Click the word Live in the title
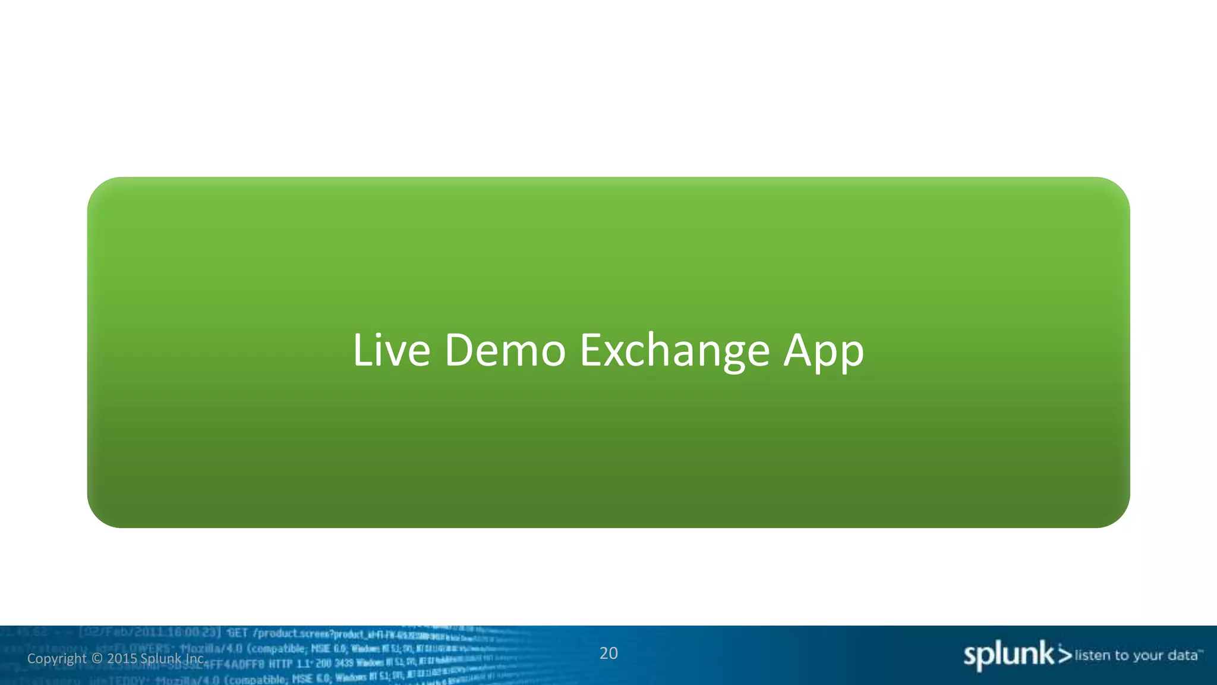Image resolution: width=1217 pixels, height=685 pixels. [x=391, y=350]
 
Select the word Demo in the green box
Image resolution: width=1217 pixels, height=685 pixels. [x=505, y=350]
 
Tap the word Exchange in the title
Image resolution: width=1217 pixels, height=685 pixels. [x=674, y=350]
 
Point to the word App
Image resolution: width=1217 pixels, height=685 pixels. [x=824, y=351]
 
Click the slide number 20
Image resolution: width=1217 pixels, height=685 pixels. [x=608, y=653]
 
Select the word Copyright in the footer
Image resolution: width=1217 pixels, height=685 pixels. [x=57, y=659]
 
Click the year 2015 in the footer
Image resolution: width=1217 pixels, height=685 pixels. [x=122, y=659]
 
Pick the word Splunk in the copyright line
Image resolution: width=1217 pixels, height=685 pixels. [x=161, y=659]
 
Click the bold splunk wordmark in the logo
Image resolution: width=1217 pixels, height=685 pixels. [x=1008, y=655]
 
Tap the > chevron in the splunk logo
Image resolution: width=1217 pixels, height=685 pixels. [x=1065, y=655]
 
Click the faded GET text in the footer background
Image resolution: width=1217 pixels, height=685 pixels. [x=237, y=633]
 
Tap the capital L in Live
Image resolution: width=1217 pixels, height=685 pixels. [x=361, y=350]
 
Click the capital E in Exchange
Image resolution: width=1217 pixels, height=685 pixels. [x=590, y=350]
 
